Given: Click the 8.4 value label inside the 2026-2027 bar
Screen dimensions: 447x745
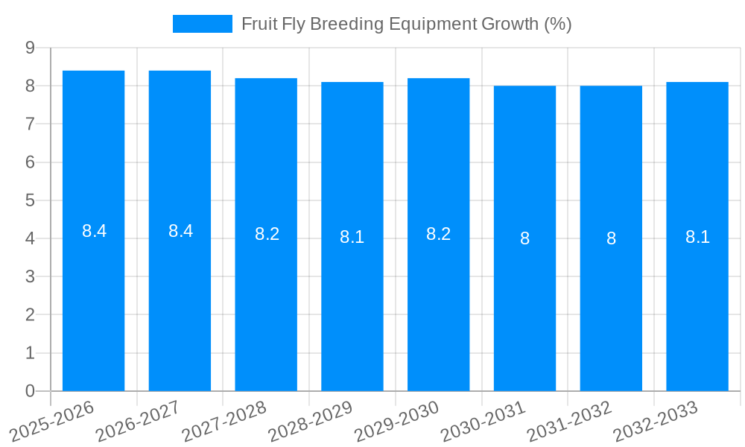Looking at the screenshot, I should pyautogui.click(x=180, y=231).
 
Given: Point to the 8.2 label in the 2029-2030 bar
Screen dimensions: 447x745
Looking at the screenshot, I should pyautogui.click(x=438, y=234).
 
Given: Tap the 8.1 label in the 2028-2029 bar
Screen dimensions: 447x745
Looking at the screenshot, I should pyautogui.click(x=352, y=237).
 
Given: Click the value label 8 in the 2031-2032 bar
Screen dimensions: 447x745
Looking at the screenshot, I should pyautogui.click(x=611, y=238).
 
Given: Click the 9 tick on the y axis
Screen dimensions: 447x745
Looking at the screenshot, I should pyautogui.click(x=30, y=48).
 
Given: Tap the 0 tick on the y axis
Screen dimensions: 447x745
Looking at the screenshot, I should pyautogui.click(x=30, y=391).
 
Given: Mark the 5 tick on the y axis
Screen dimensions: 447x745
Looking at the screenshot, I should pyautogui.click(x=30, y=200).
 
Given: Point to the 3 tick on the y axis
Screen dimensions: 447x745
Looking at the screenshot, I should pyautogui.click(x=30, y=277).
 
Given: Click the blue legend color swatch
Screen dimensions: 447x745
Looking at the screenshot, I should pyautogui.click(x=202, y=24).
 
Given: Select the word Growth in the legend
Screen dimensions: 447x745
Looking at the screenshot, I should pyautogui.click(x=513, y=24).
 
